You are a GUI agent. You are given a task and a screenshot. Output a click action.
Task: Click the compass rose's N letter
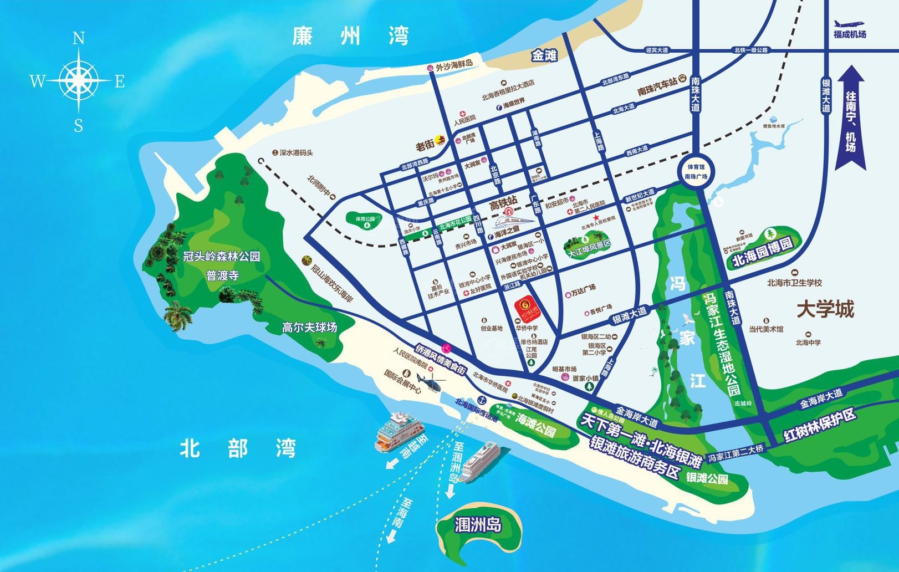[x=79, y=38]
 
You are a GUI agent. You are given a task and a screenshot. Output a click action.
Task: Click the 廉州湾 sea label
[x=351, y=37]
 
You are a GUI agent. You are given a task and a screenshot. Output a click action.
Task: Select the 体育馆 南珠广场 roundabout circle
[x=696, y=171]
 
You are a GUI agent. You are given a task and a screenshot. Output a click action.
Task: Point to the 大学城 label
[x=825, y=309]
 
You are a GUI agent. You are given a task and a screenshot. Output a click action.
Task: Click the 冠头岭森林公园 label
[x=222, y=257]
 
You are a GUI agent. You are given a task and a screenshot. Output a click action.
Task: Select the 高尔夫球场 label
[x=309, y=327]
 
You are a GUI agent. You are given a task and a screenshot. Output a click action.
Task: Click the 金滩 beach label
[x=544, y=55]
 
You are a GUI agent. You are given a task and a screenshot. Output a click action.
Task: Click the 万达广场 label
[x=583, y=288]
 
